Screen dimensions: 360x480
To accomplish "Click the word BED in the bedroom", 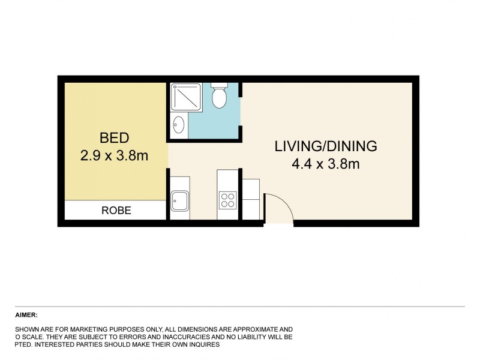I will point(114,139).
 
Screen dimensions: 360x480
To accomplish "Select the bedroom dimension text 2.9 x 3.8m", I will point(114,156).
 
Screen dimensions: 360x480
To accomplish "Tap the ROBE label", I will point(116,211).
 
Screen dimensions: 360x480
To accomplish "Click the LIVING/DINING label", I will point(326,146).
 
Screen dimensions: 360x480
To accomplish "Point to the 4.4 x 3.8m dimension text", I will point(326,163).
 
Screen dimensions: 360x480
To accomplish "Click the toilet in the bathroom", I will point(219,97).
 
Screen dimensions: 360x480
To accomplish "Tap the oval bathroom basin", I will point(178,125).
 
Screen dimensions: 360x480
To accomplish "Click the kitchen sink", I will point(180,200).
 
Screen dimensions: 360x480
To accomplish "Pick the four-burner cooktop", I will point(228,200).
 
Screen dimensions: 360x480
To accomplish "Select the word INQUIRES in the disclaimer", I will point(202,345).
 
